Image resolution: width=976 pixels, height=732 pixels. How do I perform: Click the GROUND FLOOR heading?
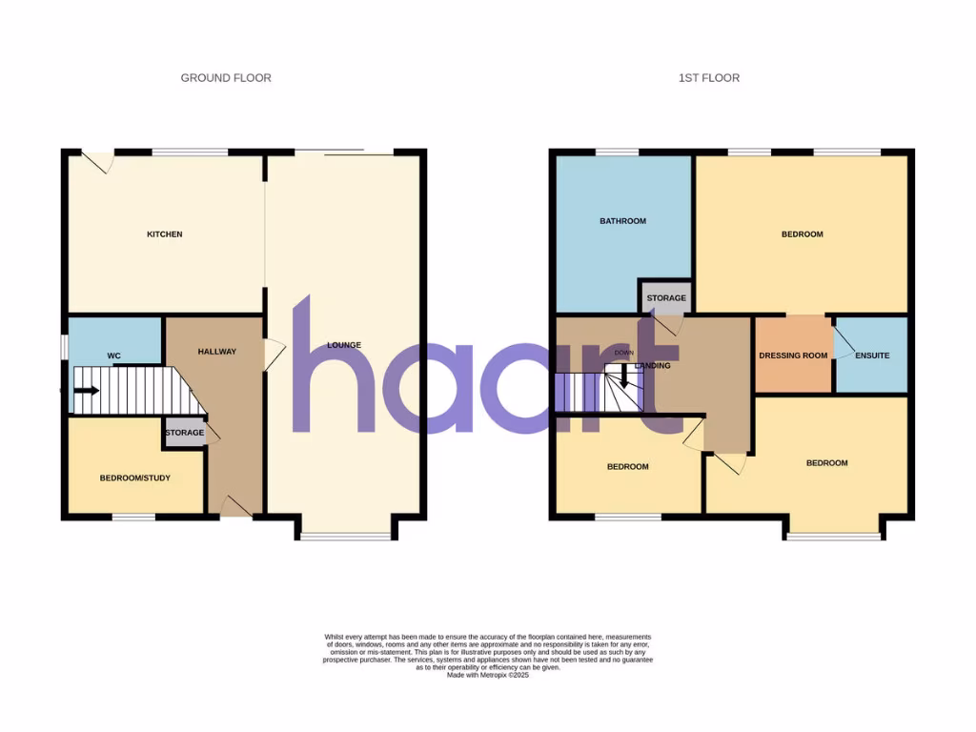[x=226, y=78]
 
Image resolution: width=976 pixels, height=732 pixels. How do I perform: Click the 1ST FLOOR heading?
[x=708, y=78]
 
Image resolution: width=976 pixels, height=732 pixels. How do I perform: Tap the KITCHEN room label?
[x=164, y=234]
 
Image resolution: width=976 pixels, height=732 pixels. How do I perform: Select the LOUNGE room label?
[x=343, y=344]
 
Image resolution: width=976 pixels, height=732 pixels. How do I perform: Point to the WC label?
[x=113, y=356]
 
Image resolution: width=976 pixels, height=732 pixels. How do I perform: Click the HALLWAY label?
[x=216, y=352]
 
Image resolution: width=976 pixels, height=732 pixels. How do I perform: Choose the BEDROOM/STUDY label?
[x=135, y=478]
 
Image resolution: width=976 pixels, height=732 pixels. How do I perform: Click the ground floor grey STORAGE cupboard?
[x=184, y=433]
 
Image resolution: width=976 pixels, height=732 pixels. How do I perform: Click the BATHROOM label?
[x=622, y=221]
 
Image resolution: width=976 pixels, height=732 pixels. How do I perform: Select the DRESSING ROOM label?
[x=793, y=356]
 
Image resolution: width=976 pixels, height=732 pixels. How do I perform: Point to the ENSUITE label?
[x=872, y=356]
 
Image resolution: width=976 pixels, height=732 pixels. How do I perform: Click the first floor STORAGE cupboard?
[x=666, y=297]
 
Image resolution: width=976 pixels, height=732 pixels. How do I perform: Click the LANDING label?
[x=655, y=365]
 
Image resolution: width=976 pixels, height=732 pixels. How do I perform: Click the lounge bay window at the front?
[x=345, y=537]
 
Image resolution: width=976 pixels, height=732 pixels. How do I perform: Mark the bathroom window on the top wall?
[x=617, y=152]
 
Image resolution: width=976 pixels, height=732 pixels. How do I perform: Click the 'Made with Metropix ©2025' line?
[x=488, y=676]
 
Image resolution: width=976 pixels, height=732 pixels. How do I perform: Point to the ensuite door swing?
[x=844, y=343]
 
